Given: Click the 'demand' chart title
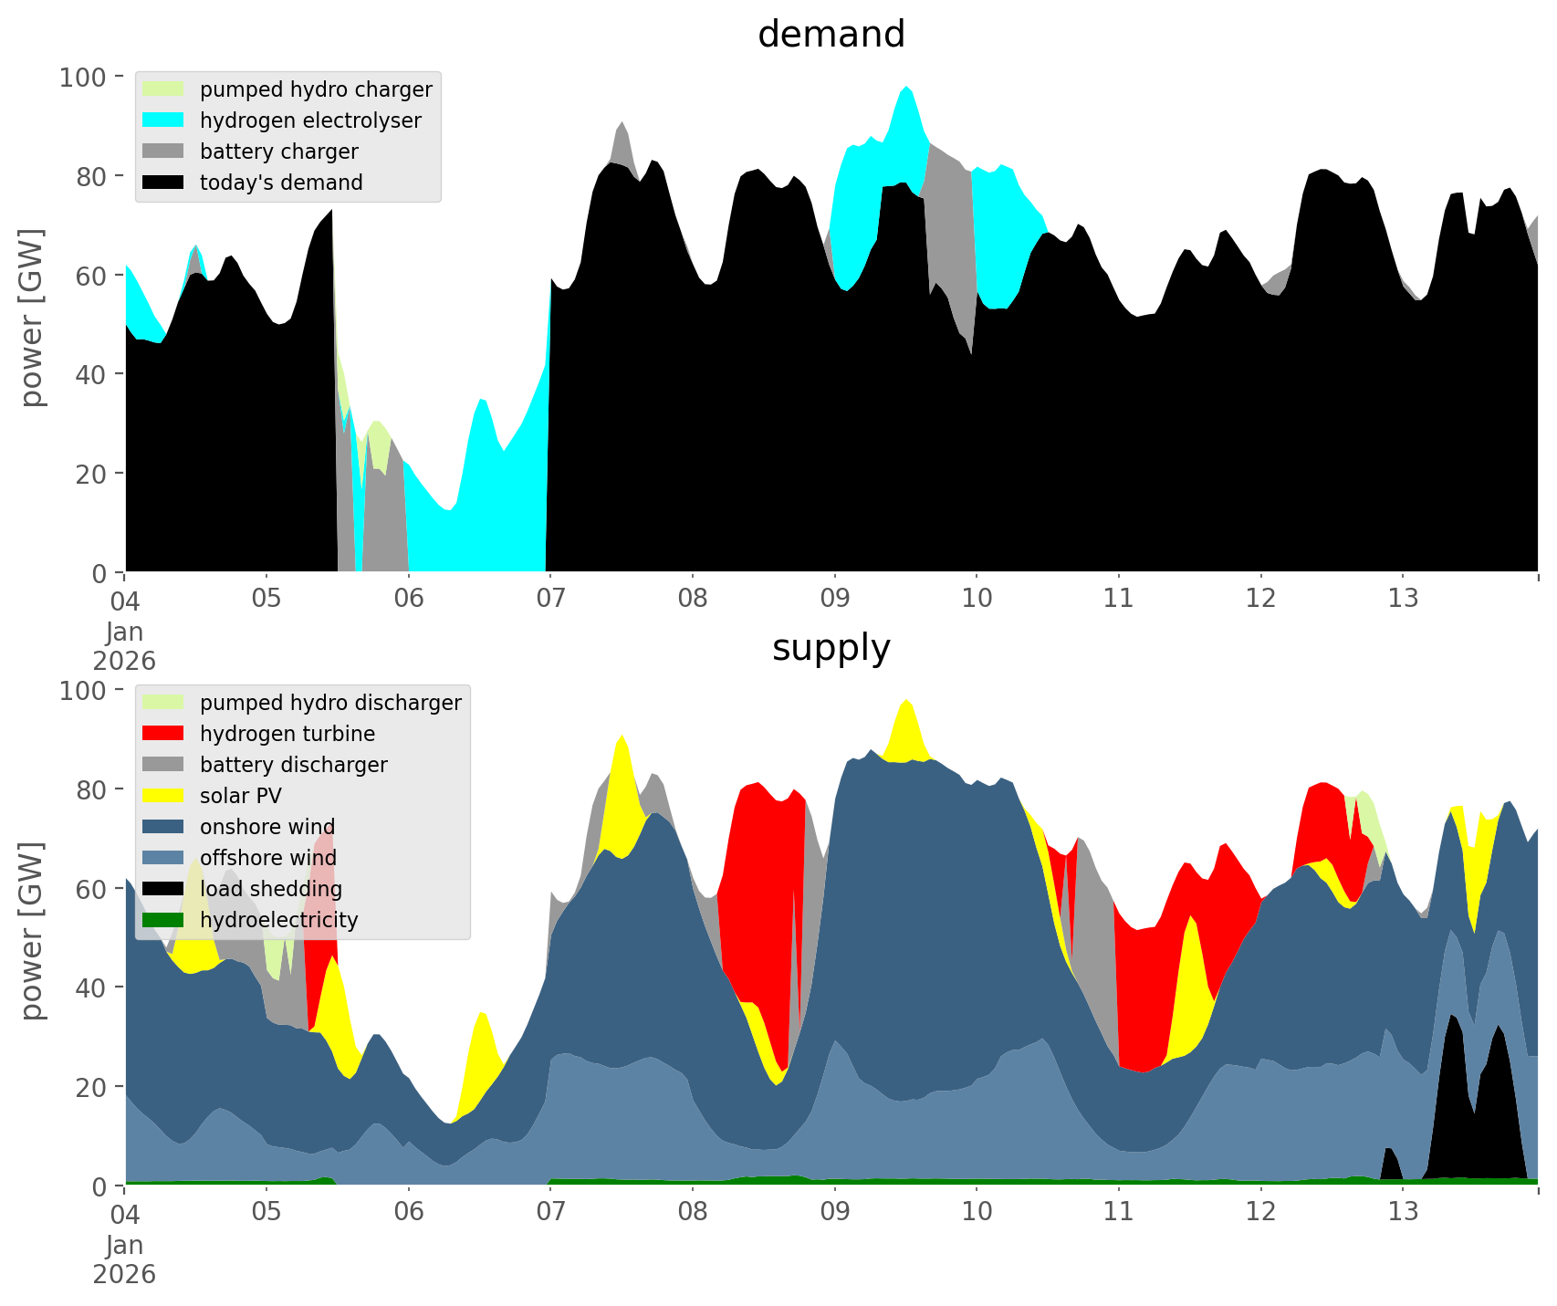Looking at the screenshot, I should (x=831, y=35).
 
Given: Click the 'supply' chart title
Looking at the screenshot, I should (x=831, y=648).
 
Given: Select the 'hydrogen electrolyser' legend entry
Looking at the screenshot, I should (x=310, y=120).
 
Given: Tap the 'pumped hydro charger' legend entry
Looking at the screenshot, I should (x=316, y=89).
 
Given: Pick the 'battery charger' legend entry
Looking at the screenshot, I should (x=278, y=151).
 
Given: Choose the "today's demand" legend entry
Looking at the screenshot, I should (x=281, y=183).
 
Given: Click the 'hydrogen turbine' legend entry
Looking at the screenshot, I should (x=287, y=734).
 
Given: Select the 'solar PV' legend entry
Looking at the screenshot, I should (x=240, y=796).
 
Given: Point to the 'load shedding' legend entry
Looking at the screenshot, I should (x=270, y=889).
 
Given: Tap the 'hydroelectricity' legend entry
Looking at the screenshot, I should (x=278, y=920).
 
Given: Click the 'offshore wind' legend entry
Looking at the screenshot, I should (x=267, y=858).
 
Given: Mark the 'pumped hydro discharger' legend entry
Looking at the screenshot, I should (x=330, y=703).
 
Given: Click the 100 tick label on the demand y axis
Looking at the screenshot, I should (x=83, y=77).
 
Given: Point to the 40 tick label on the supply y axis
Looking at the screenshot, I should (x=90, y=987).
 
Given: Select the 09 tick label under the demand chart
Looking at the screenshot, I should (x=834, y=600).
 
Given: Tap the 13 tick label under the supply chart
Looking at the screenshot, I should (x=1403, y=1213).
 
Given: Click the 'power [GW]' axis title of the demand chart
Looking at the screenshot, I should (x=32, y=318).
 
